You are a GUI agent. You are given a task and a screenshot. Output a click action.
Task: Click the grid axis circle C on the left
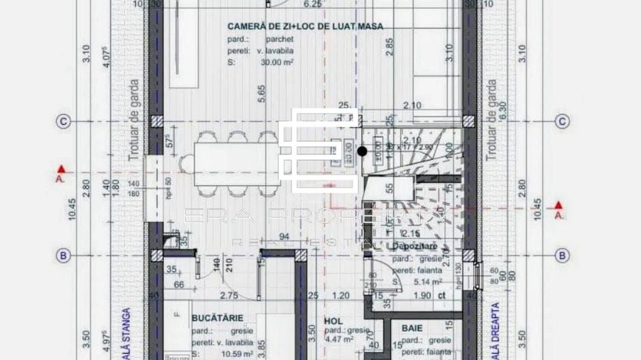click(63, 122)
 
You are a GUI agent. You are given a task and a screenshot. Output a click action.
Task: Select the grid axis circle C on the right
click(562, 122)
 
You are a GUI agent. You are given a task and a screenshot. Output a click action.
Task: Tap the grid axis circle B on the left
click(63, 255)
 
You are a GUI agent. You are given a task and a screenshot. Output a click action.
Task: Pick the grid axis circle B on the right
click(562, 255)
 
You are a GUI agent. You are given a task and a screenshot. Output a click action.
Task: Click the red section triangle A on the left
click(62, 169)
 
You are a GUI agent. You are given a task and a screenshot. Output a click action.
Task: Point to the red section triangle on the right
click(558, 204)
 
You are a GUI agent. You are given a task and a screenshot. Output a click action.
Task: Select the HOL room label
click(333, 319)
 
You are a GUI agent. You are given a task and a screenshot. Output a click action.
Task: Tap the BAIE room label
click(412, 328)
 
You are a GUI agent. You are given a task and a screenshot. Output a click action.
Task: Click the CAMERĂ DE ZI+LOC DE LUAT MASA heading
click(305, 27)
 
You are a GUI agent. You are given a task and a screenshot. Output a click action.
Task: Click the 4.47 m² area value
click(338, 339)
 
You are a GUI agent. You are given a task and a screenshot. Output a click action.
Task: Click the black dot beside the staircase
click(362, 151)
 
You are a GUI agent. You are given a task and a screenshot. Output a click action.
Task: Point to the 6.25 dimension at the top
click(312, 4)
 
